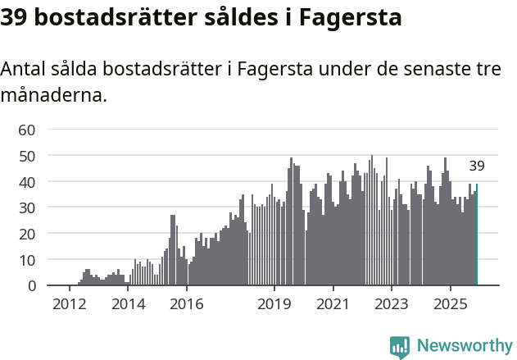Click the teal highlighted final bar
tap(476, 235)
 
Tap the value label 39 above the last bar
tap(477, 166)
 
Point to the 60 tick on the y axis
tap(27, 130)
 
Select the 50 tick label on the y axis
tap(27, 156)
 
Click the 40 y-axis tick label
tap(27, 181)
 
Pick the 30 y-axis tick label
tap(27, 207)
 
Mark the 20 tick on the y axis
tap(27, 234)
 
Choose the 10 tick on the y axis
tap(27, 260)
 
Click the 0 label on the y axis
tap(31, 286)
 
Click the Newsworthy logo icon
tap(400, 346)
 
